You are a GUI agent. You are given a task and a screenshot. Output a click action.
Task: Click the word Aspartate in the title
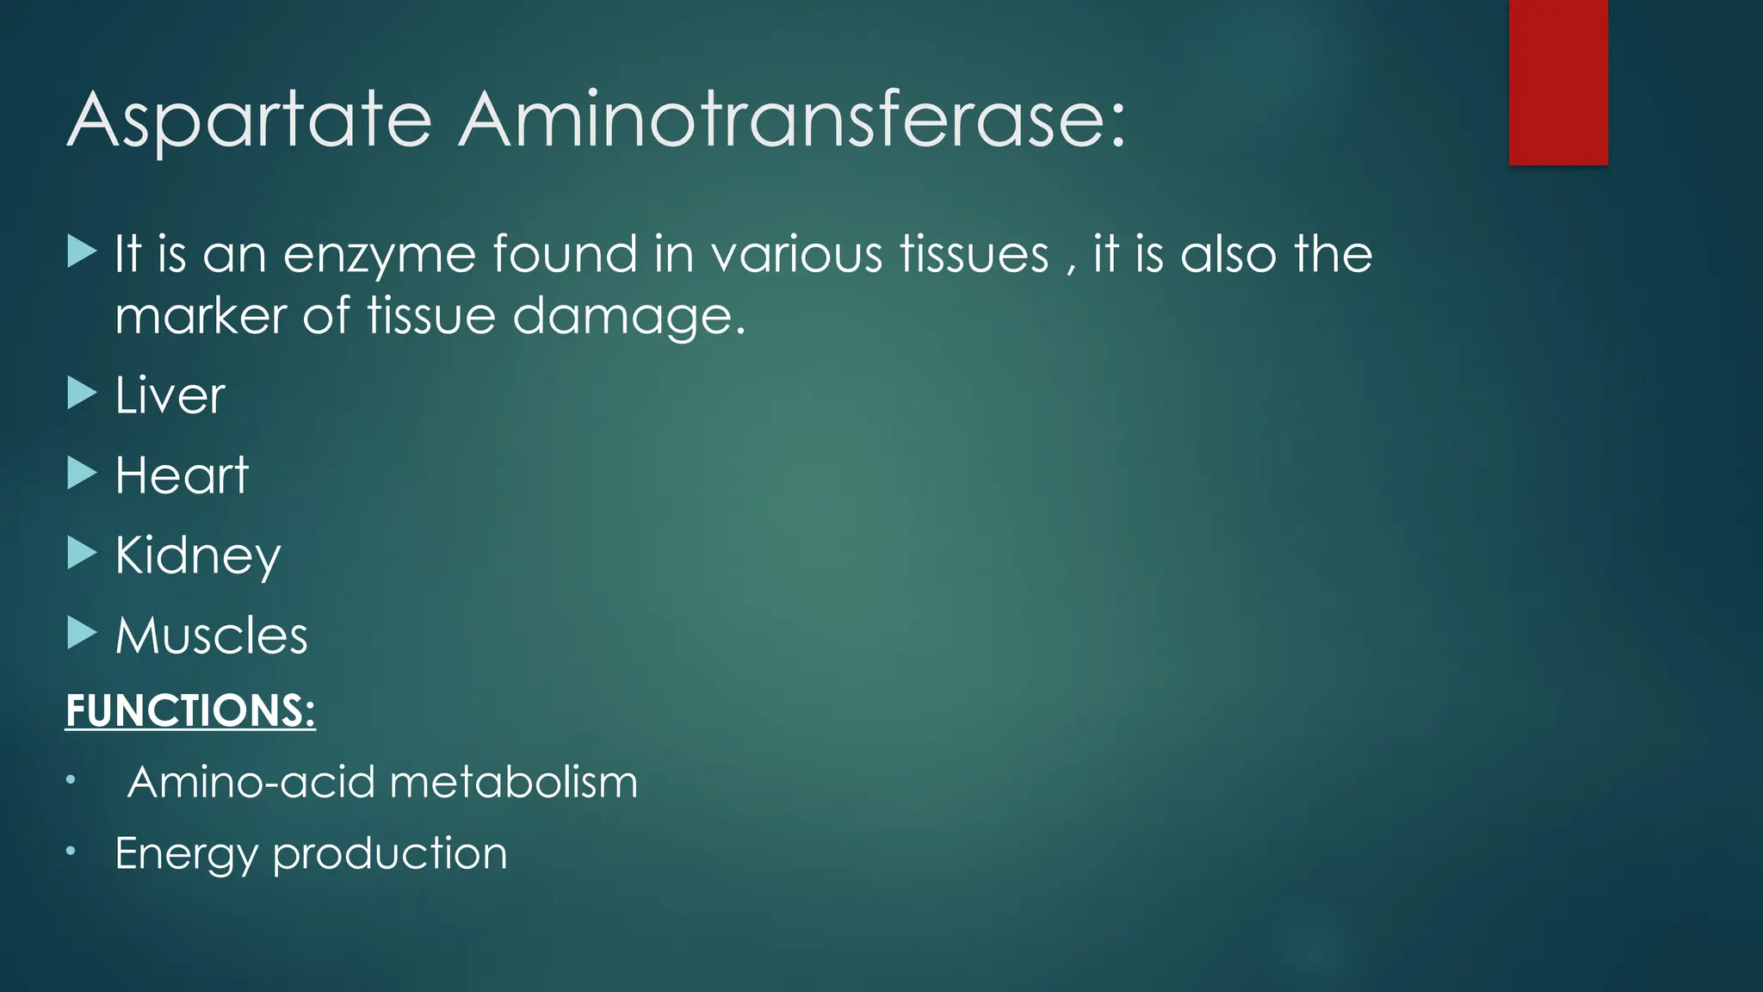point(249,121)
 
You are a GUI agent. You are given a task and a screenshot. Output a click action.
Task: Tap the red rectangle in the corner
point(1558,83)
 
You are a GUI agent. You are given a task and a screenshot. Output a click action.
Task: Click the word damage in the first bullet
point(628,317)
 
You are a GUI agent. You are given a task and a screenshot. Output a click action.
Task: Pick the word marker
point(200,316)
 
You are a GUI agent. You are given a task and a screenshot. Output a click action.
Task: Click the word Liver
point(170,396)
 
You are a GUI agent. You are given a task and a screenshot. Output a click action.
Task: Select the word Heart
point(182,475)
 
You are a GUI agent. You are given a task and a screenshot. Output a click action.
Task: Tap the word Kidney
point(198,556)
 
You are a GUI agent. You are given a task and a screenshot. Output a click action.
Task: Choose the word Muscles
point(212,635)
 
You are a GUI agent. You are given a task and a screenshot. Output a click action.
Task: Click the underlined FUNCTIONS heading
point(190,711)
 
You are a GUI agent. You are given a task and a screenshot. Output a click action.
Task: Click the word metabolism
point(514,783)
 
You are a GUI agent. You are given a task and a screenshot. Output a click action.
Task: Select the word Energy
point(186,854)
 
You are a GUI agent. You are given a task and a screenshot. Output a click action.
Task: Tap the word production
point(390,854)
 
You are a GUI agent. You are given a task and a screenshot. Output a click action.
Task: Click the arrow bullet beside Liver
point(82,394)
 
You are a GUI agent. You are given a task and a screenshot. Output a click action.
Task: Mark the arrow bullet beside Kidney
point(82,553)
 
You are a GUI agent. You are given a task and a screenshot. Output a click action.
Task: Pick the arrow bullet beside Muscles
point(82,633)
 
